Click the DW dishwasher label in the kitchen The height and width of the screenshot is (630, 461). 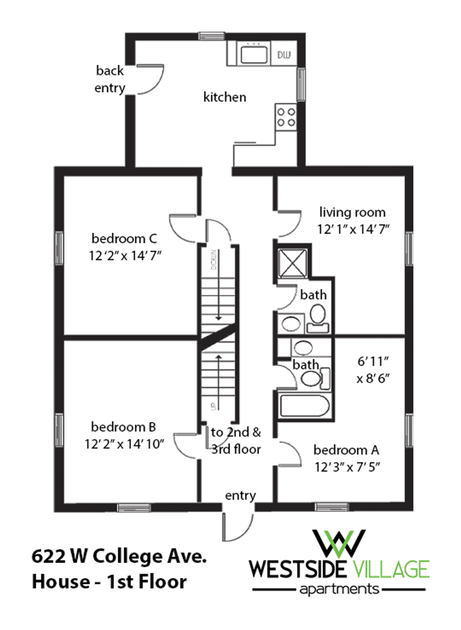(x=284, y=55)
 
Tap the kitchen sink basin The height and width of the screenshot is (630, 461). (x=254, y=54)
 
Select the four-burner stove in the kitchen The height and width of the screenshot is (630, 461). (x=286, y=117)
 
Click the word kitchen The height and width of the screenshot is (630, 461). (x=225, y=97)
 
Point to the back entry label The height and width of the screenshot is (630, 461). (x=110, y=79)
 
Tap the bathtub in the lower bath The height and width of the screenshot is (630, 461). (x=304, y=406)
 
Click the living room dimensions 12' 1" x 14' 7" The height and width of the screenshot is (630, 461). (x=353, y=229)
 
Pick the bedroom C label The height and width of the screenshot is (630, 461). (x=124, y=239)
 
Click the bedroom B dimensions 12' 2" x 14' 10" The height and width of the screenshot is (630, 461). (x=124, y=444)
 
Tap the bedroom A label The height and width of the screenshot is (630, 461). (x=346, y=450)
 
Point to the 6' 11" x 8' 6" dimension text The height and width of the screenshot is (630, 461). (x=373, y=370)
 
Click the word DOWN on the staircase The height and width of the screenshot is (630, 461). (x=214, y=260)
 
